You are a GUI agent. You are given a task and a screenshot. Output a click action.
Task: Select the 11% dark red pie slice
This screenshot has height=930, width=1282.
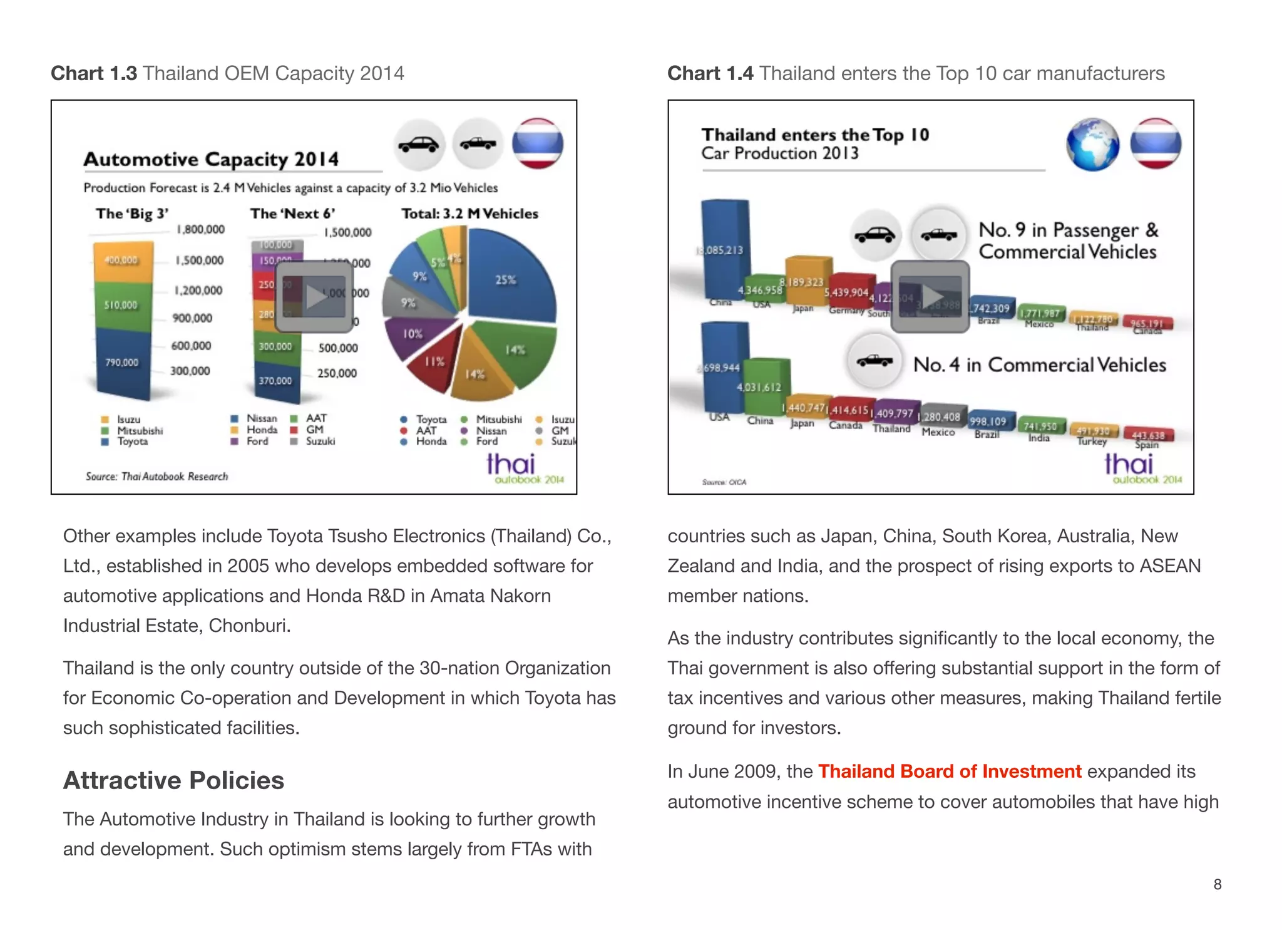click(433, 361)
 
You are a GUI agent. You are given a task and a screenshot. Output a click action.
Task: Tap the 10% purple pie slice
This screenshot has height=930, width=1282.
click(413, 334)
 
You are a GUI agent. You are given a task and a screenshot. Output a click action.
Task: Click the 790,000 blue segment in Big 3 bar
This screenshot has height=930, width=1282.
click(122, 363)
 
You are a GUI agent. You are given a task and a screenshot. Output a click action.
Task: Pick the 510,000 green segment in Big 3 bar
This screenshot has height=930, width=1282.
click(122, 306)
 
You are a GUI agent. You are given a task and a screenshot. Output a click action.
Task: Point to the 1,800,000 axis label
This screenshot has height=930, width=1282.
click(200, 230)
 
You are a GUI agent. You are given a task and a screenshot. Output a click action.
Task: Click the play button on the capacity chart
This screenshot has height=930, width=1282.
click(315, 296)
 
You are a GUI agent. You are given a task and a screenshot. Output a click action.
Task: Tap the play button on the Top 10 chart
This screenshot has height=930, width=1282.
click(930, 297)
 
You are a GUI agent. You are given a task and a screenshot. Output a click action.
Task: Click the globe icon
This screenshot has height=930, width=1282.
click(1092, 144)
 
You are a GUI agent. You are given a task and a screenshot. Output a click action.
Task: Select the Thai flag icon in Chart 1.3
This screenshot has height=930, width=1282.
click(537, 144)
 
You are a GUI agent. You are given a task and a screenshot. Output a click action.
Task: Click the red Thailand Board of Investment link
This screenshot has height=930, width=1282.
click(949, 772)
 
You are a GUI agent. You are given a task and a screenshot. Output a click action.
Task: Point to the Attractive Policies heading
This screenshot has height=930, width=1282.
click(173, 780)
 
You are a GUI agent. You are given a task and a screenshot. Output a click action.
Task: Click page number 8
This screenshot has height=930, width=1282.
click(1218, 884)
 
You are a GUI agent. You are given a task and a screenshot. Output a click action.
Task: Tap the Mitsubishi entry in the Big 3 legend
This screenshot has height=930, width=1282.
click(140, 431)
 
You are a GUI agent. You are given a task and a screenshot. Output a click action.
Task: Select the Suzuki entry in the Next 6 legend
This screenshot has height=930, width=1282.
click(320, 442)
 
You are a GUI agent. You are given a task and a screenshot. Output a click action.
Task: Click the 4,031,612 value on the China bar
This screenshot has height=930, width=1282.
click(759, 388)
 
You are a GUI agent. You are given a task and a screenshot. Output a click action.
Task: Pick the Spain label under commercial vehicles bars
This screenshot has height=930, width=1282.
click(1147, 445)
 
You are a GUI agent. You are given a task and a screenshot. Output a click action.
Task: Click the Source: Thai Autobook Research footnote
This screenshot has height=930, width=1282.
click(157, 477)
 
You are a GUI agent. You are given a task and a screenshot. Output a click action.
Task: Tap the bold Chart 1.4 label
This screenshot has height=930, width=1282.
click(710, 73)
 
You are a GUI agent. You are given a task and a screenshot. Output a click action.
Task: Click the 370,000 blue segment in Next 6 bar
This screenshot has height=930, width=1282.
click(275, 381)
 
